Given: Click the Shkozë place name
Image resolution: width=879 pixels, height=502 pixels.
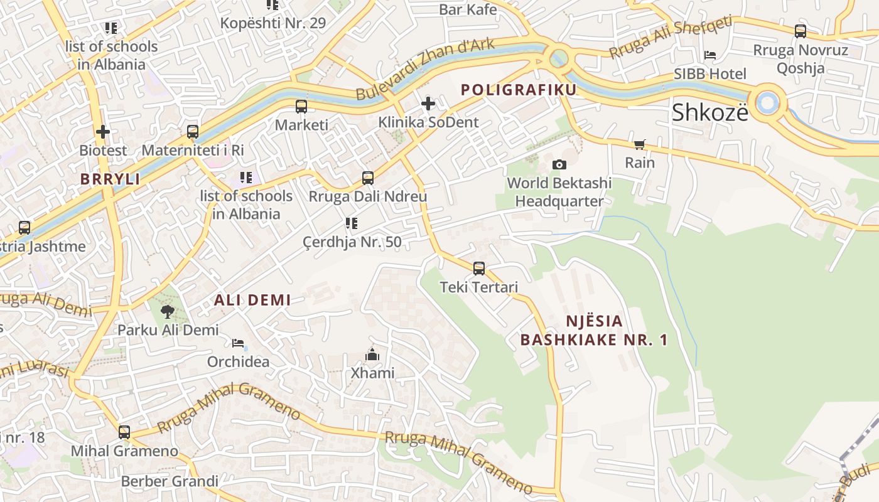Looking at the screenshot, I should [710, 113].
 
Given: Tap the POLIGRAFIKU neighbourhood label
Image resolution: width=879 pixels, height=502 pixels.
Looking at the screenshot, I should [519, 90].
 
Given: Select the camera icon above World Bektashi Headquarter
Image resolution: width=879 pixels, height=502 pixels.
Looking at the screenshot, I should [559, 164].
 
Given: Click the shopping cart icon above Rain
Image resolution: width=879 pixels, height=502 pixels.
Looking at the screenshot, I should [640, 145].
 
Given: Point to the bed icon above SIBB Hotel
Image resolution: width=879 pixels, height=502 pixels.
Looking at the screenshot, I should [710, 55].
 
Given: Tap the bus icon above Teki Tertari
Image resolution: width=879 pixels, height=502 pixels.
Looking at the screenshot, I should [479, 269].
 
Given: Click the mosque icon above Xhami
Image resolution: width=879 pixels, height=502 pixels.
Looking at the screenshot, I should [372, 355].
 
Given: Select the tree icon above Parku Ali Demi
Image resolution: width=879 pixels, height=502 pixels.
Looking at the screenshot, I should [168, 311].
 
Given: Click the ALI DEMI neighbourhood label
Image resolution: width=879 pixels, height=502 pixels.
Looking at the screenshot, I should [252, 300].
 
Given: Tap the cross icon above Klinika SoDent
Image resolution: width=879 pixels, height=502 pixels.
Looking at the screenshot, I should [428, 104].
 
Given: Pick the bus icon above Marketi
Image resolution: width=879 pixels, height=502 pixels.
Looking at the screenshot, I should [301, 107].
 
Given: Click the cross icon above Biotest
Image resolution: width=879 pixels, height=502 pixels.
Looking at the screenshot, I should [103, 132].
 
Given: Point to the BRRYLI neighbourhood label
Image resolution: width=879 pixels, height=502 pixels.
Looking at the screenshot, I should [110, 179].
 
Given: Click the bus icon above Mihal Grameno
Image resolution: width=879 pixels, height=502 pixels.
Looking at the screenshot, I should [124, 432].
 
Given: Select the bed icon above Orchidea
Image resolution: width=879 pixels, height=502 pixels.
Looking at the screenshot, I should [238, 343].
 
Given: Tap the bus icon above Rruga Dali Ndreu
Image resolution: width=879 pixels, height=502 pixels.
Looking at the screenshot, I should [368, 178].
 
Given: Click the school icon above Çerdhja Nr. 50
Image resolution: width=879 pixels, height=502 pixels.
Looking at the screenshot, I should [352, 223].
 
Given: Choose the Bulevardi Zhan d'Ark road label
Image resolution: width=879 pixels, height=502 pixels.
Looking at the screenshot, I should [425, 69].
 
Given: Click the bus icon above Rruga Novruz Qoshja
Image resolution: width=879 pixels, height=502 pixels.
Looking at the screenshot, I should [801, 31].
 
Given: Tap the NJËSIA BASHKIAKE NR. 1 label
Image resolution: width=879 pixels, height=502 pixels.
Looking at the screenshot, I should [594, 331].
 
